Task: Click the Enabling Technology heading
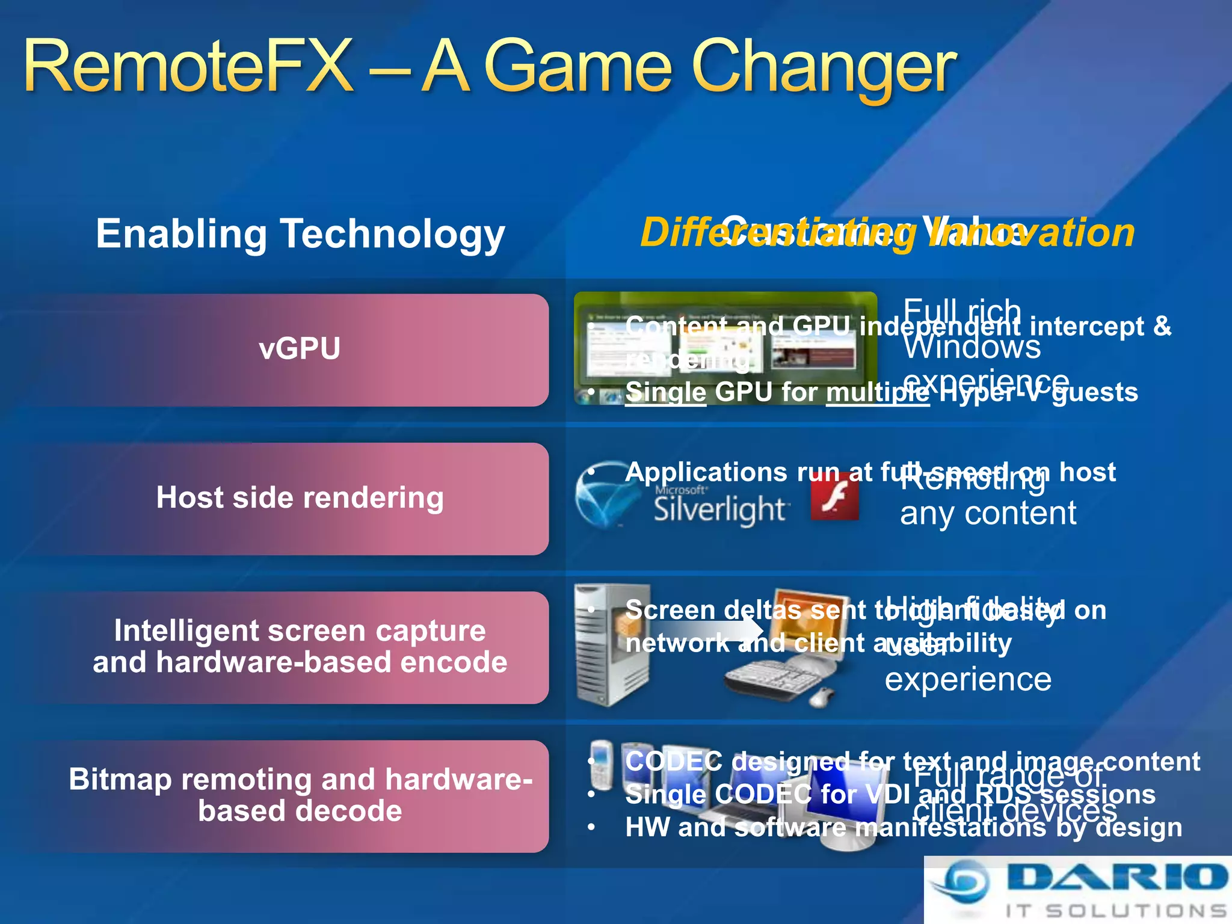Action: (300, 234)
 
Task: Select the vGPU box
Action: (299, 350)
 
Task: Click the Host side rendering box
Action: (299, 499)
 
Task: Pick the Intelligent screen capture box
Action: (299, 647)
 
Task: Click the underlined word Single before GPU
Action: (665, 393)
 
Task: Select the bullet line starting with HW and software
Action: (902, 828)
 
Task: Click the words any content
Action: (988, 514)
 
